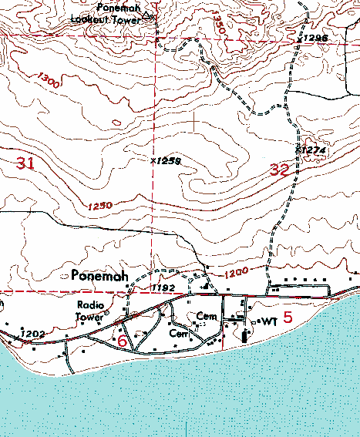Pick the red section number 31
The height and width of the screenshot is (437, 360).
[x=25, y=163]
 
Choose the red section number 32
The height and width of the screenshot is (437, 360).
[x=280, y=170]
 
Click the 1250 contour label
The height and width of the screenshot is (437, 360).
[x=100, y=206]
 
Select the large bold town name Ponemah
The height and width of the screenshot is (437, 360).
[x=99, y=275]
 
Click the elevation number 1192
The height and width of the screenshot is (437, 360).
[x=163, y=287]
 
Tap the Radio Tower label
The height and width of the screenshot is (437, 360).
[x=90, y=310]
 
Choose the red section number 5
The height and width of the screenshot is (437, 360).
[x=288, y=316]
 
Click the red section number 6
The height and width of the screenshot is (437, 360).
[x=122, y=341]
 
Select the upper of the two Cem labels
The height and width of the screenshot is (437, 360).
[x=205, y=317]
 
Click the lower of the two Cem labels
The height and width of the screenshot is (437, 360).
[x=179, y=334]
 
